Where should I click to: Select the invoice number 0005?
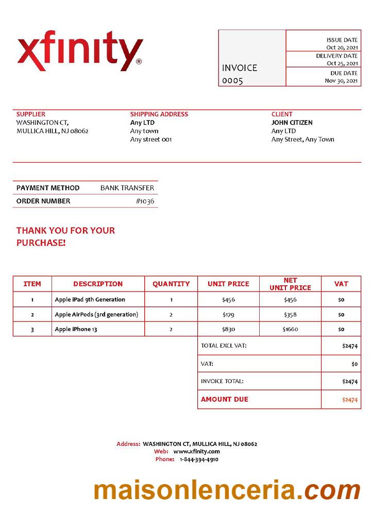click(x=232, y=81)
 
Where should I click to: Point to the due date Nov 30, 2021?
click(x=341, y=80)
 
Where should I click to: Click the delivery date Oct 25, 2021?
click(x=342, y=63)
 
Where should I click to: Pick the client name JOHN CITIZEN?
click(x=292, y=123)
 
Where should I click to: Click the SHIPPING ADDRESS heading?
click(x=159, y=114)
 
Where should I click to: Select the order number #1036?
click(x=145, y=201)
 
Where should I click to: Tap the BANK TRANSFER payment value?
click(x=127, y=188)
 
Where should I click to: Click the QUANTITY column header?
click(x=171, y=284)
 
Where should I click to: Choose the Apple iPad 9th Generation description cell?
click(x=90, y=299)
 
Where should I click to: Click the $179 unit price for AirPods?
click(x=228, y=314)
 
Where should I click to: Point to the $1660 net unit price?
click(x=290, y=329)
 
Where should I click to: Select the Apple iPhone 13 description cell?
click(x=76, y=329)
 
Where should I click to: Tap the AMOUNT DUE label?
click(x=224, y=399)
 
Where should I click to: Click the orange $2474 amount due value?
click(x=349, y=400)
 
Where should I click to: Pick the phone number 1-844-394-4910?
click(x=199, y=459)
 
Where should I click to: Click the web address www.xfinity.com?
click(x=196, y=451)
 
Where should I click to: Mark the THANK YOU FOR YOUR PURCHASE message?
click(x=65, y=236)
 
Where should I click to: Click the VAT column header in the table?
click(x=341, y=284)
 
